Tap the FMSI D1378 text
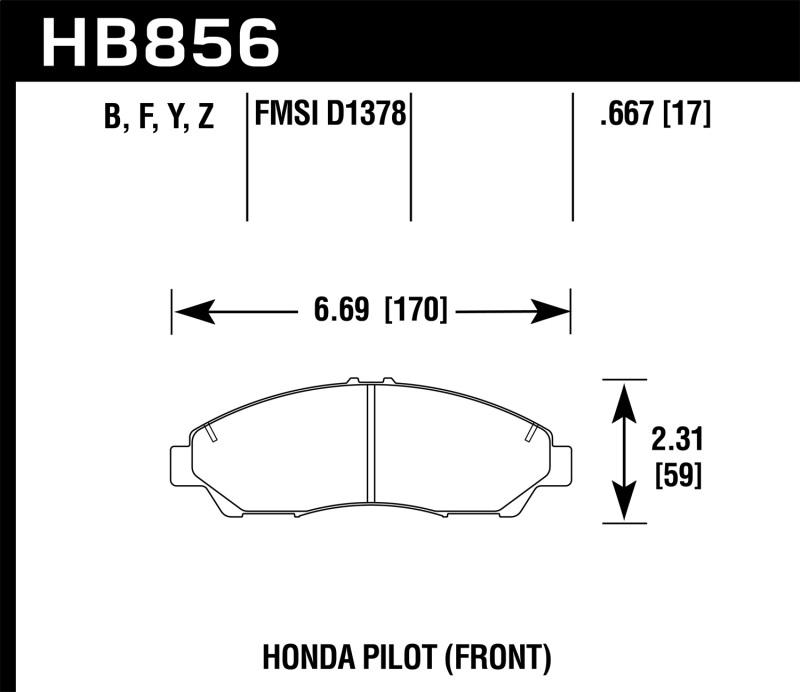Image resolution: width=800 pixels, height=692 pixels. click(x=330, y=114)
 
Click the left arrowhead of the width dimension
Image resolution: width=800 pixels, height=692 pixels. click(x=190, y=311)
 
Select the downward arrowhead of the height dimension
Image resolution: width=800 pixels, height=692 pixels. click(x=624, y=505)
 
